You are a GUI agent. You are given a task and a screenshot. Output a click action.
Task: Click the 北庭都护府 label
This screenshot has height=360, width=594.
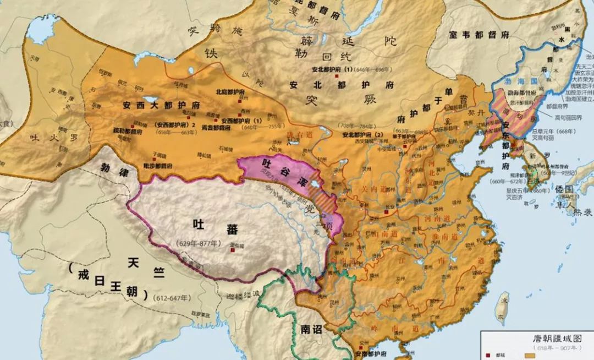pyautogui.click(x=229, y=92)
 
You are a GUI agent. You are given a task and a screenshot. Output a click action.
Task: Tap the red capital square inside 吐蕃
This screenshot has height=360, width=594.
pyautogui.click(x=233, y=250)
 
